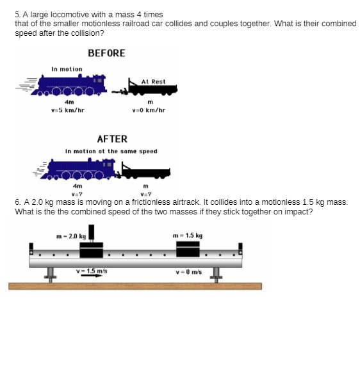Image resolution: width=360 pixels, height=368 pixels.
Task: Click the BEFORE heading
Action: click(106, 53)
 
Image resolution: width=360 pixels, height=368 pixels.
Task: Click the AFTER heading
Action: click(112, 139)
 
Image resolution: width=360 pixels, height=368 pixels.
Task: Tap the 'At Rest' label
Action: click(153, 81)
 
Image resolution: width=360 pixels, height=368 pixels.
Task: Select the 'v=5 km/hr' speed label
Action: click(68, 110)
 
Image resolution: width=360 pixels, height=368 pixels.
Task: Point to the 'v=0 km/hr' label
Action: click(149, 110)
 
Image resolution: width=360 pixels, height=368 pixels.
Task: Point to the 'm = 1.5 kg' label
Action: click(188, 236)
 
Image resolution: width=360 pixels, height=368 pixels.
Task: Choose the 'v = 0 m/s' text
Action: click(188, 271)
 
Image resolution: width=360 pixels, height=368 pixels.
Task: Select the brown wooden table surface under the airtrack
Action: click(135, 286)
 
